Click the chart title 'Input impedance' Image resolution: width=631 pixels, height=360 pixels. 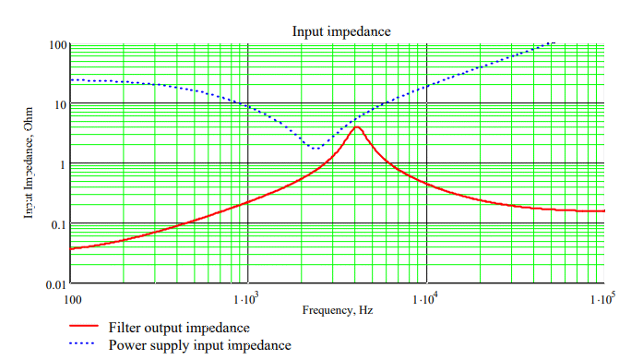(341, 31)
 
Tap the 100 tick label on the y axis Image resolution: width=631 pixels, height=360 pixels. (55, 44)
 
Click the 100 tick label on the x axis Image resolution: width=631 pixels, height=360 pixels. (70, 299)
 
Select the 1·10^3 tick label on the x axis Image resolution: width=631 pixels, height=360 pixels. (247, 299)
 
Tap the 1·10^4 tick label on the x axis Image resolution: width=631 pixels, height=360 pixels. (425, 299)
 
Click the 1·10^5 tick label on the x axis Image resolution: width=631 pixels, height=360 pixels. (601, 299)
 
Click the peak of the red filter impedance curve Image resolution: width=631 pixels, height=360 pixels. (357, 127)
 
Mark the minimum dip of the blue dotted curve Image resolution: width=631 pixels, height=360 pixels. (315, 148)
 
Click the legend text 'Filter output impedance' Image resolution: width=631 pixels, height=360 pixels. (178, 328)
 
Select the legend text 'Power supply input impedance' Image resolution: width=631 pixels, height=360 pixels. (199, 345)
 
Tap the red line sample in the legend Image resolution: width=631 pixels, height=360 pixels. (84, 328)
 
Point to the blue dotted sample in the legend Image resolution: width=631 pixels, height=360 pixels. (84, 345)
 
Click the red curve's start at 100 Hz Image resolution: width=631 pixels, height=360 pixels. (71, 248)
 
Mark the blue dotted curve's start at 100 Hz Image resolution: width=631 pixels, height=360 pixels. (71, 80)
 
